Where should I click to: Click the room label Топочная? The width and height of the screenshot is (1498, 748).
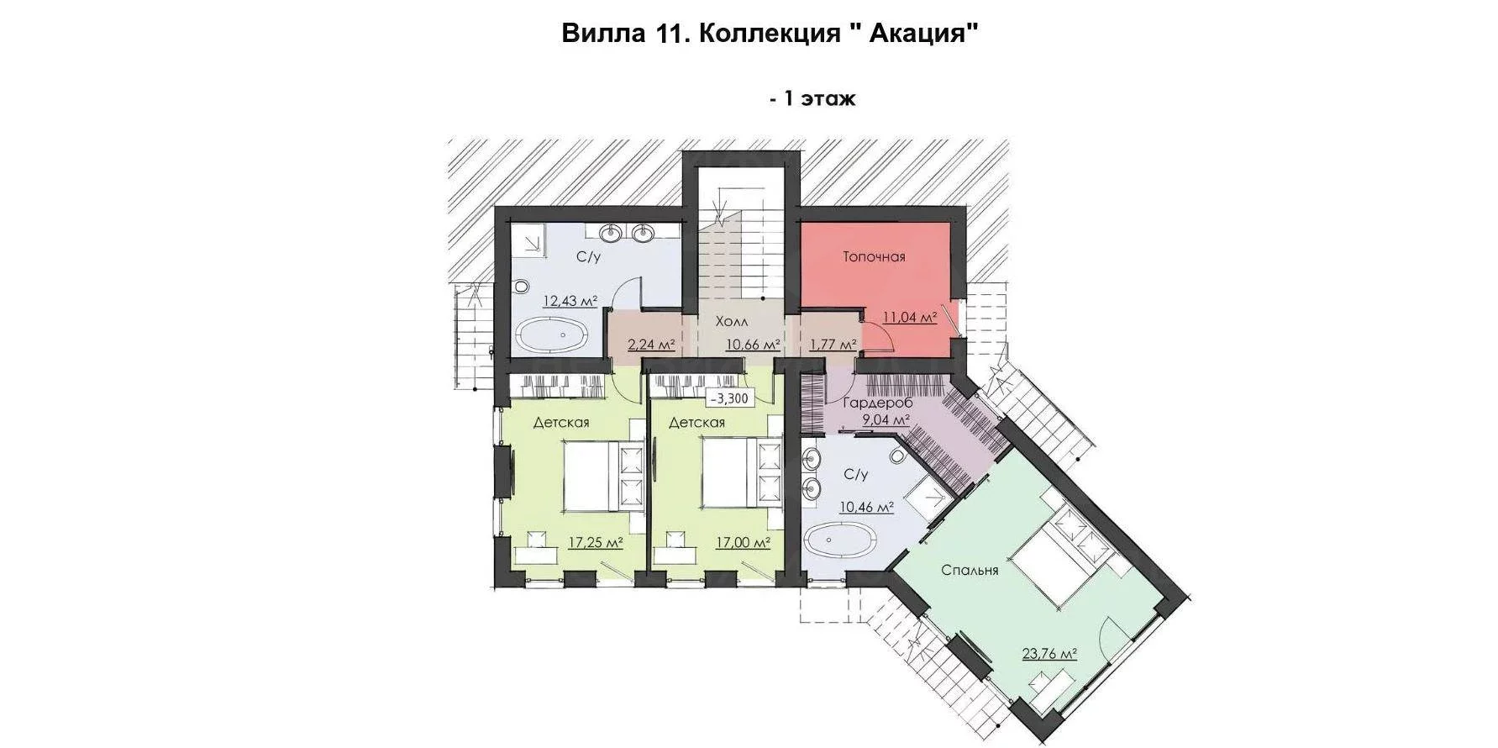874,256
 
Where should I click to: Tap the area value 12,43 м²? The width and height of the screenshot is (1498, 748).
570,300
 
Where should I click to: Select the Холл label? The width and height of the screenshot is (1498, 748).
732,322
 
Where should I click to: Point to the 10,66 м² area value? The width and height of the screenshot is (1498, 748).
754,344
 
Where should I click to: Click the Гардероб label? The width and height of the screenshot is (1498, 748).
877,403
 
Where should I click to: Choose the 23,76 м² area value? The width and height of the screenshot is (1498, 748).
1050,654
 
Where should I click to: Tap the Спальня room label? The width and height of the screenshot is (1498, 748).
970,571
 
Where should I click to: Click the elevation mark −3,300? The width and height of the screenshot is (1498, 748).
732,398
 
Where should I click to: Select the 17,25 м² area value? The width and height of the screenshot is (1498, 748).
596,543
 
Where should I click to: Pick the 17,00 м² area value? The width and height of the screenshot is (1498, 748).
743,543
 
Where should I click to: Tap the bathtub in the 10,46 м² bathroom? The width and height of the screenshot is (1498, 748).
843,538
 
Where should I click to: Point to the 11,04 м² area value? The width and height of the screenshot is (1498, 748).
910,318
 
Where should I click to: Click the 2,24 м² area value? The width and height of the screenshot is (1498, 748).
652,344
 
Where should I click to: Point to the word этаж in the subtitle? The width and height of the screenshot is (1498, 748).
828,98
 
